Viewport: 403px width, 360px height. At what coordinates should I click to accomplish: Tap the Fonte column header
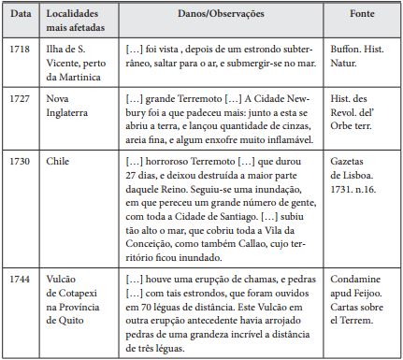[362, 17]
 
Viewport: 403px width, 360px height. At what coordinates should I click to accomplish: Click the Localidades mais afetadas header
[76, 23]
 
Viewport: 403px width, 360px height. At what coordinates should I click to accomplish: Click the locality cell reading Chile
[57, 162]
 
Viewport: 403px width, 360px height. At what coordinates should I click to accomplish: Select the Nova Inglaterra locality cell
[70, 105]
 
